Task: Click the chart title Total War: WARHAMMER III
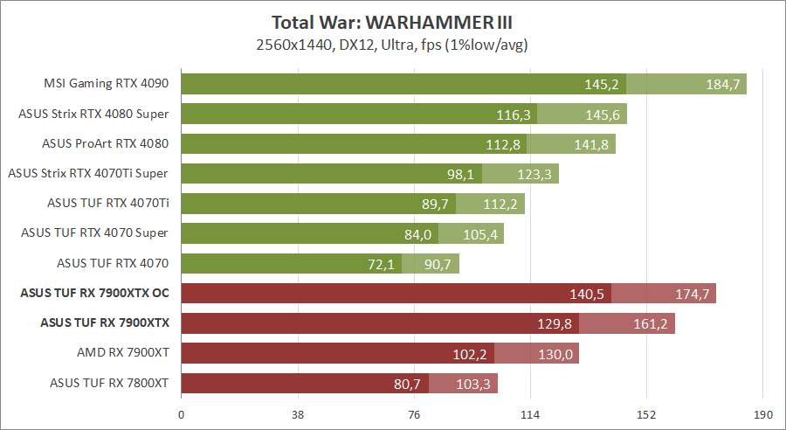(x=393, y=22)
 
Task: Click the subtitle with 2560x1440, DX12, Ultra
(x=393, y=44)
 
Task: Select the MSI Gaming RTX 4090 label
(x=106, y=84)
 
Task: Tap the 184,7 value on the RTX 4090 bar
(x=723, y=85)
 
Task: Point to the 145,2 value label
(x=602, y=85)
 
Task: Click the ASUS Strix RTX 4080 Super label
(x=93, y=114)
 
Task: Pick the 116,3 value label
(x=514, y=114)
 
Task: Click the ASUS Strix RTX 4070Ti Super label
(x=87, y=173)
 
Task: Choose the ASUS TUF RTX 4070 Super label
(x=94, y=232)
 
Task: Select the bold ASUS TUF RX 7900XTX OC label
(x=94, y=293)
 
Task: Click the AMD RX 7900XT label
(x=122, y=352)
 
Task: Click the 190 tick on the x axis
(x=762, y=414)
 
